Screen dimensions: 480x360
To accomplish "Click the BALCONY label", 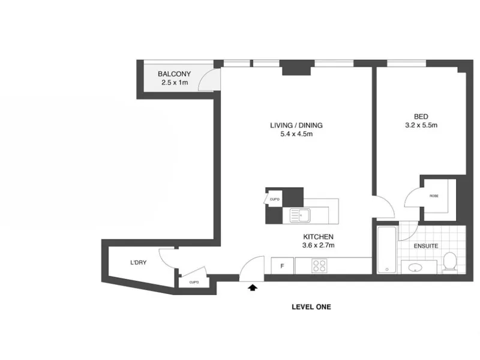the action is (174, 74).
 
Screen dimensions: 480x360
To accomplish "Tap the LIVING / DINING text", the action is (296, 125).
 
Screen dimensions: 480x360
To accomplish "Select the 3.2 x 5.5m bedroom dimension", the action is (421, 125).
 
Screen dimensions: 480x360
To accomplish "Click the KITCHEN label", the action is (318, 236).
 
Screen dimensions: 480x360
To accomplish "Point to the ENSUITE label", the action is (426, 246).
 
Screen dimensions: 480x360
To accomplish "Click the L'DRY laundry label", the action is (139, 262).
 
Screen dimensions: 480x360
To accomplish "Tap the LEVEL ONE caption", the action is (311, 307).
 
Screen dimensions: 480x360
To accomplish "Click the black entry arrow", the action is (252, 287).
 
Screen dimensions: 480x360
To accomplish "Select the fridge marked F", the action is (282, 266).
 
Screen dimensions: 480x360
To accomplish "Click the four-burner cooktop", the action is (319, 266).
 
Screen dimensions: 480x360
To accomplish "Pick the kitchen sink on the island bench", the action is (300, 215).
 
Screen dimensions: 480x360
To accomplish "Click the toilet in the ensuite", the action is (449, 261).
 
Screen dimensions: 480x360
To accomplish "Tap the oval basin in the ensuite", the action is (415, 268).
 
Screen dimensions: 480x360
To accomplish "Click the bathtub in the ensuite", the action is (386, 250).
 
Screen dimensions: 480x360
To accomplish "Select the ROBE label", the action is (434, 196).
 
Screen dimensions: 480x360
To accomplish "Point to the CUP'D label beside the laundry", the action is (194, 282).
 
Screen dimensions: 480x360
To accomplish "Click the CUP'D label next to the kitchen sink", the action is (275, 199).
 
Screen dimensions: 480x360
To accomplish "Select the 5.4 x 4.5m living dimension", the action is (296, 134).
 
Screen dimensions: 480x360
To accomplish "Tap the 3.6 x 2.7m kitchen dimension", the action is (318, 245).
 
